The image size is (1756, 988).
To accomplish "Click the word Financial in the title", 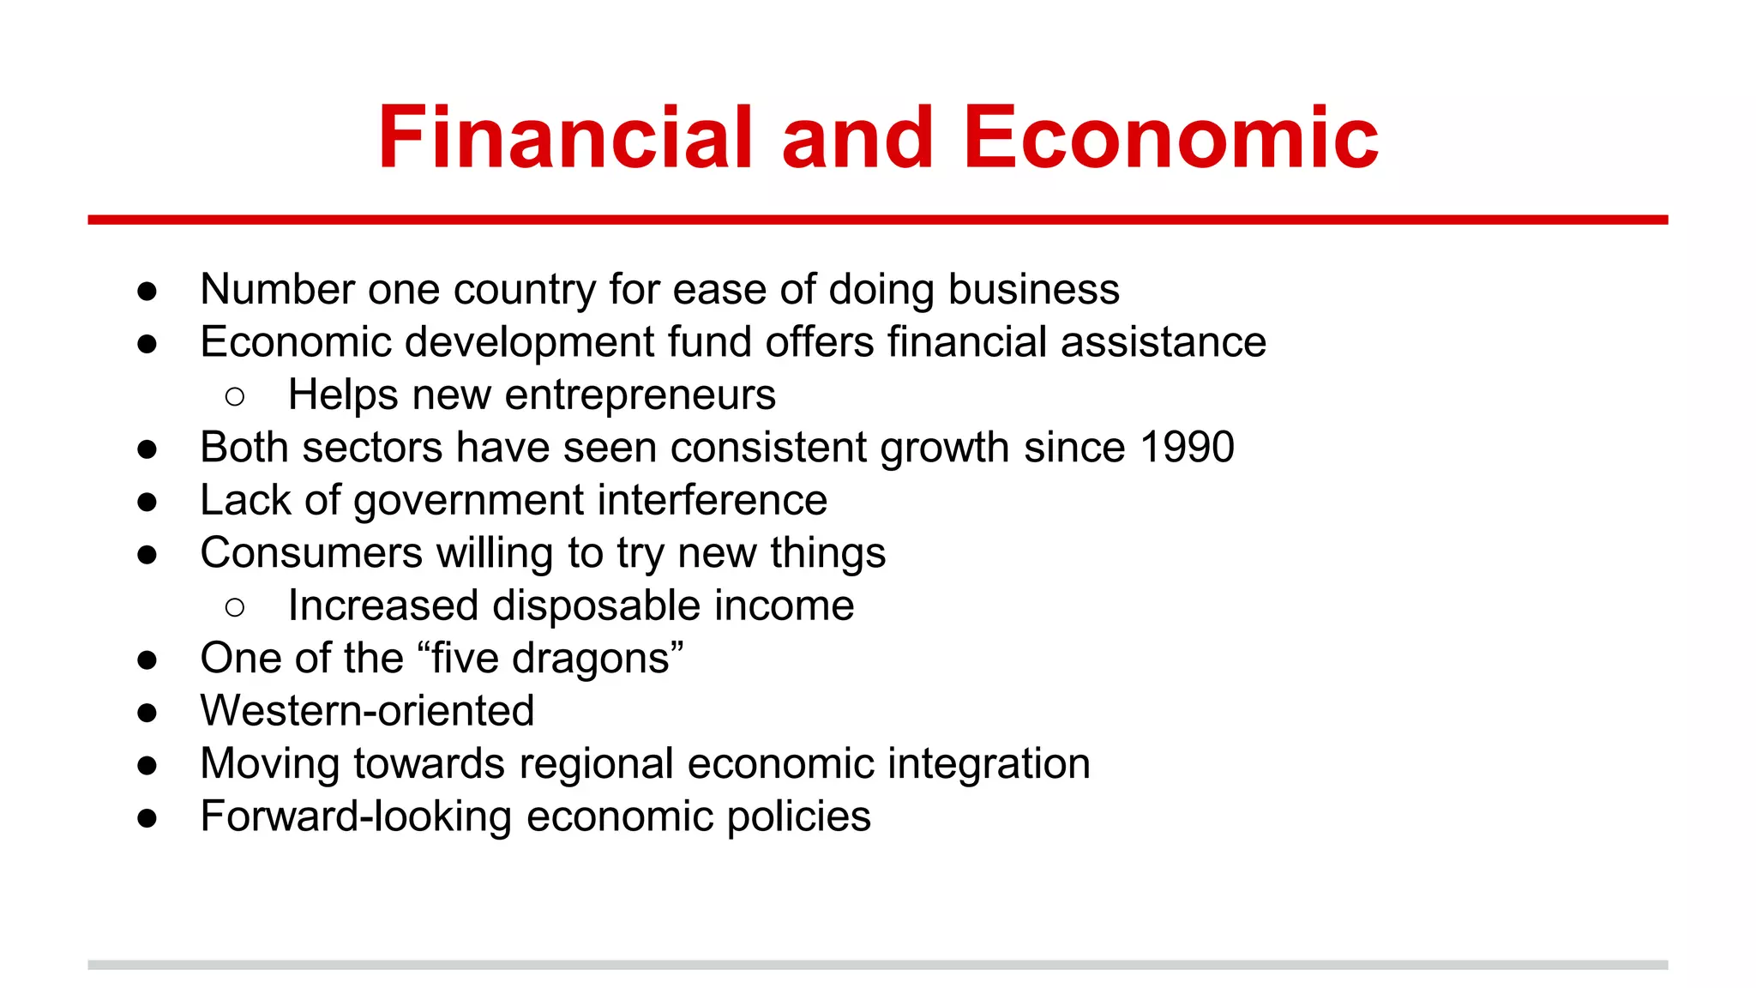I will click(x=565, y=137).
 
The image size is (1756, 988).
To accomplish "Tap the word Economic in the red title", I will click(x=1170, y=137).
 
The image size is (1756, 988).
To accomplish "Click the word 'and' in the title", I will click(x=857, y=137).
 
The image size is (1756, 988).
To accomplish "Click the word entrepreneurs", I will click(x=640, y=395).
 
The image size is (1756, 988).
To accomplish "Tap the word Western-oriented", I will click(x=367, y=711).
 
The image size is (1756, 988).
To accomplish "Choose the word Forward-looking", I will click(x=356, y=816).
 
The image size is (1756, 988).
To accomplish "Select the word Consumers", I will click(x=311, y=553).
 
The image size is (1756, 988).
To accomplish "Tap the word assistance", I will click(x=1163, y=342).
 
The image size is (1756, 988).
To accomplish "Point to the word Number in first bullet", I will click(x=277, y=289).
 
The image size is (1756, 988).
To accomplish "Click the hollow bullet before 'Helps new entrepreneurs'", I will click(x=235, y=396).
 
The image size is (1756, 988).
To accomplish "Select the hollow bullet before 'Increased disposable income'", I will click(x=235, y=607).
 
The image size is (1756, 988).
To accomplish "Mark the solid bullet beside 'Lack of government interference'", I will click(x=147, y=502).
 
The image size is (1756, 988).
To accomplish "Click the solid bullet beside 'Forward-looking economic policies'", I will click(x=147, y=818).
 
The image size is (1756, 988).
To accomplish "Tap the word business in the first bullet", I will click(x=1033, y=289).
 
